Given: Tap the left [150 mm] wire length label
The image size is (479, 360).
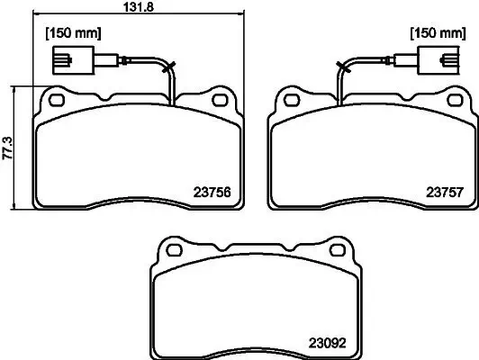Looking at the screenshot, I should tap(73, 33).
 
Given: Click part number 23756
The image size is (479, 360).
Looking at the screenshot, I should tap(212, 191).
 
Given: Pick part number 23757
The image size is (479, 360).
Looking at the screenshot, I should tap(444, 191).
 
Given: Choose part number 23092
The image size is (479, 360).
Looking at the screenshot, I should tap(327, 341).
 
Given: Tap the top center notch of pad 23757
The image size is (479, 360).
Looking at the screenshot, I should tap(372, 96).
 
